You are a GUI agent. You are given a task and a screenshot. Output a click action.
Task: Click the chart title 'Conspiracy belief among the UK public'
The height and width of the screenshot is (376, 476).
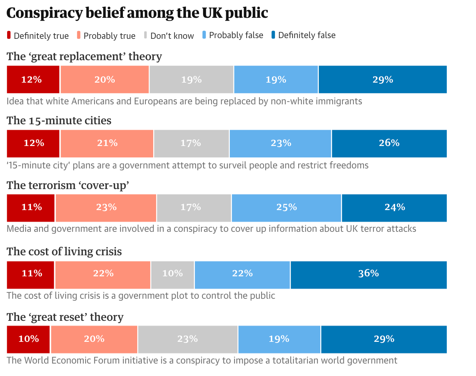click(x=137, y=13)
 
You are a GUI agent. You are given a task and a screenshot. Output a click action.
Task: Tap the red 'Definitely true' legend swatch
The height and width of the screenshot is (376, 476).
click(x=9, y=35)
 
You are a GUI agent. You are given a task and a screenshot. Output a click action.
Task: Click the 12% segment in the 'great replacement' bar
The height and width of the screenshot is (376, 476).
click(x=33, y=79)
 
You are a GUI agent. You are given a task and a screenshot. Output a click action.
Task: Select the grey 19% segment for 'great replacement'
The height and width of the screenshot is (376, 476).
click(x=191, y=79)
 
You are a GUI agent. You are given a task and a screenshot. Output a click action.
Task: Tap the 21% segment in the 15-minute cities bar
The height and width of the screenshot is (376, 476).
click(x=107, y=143)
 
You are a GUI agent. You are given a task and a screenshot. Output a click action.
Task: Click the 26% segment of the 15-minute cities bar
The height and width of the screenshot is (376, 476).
click(x=389, y=143)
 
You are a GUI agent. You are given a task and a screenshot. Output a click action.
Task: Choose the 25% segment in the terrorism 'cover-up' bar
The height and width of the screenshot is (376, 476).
click(x=286, y=207)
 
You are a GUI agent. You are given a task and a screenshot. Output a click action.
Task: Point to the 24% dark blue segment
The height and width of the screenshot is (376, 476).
click(x=394, y=207)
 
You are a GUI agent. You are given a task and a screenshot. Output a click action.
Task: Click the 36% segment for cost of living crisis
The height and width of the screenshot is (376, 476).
click(x=368, y=273)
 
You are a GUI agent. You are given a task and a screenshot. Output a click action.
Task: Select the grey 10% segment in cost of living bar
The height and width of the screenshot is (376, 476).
click(x=172, y=273)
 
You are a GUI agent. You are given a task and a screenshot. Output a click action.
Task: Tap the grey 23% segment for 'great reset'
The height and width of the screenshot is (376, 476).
click(x=187, y=339)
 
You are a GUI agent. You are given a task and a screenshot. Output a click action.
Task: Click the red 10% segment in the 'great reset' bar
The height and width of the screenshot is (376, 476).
click(x=29, y=339)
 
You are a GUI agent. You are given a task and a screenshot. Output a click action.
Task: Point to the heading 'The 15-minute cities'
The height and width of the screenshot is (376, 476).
click(x=59, y=121)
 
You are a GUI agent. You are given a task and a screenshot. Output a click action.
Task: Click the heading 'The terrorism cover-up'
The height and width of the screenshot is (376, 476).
click(x=68, y=186)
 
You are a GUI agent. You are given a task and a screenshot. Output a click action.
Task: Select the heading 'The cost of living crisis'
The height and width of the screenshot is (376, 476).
click(x=64, y=252)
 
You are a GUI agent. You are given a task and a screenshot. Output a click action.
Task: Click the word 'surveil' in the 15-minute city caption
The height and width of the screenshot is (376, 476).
click(x=232, y=166)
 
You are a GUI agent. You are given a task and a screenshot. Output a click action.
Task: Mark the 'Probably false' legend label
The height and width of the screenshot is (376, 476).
click(x=236, y=35)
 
